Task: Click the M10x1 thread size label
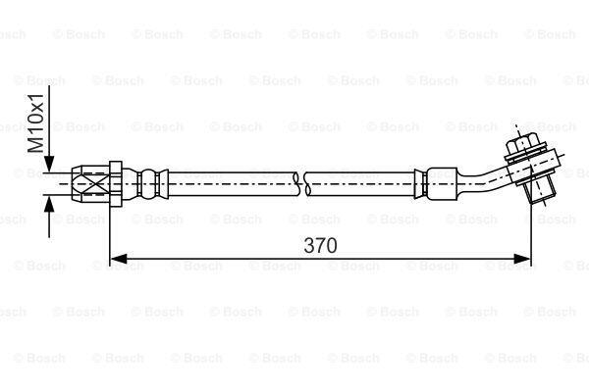[36, 122]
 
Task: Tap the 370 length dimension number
[320, 246]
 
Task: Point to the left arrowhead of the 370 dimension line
[118, 259]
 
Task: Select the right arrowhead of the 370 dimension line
[522, 259]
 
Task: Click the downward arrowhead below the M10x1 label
[49, 164]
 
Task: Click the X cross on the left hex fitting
[92, 183]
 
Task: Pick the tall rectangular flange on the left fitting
[116, 184]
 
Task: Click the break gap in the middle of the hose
[302, 184]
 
